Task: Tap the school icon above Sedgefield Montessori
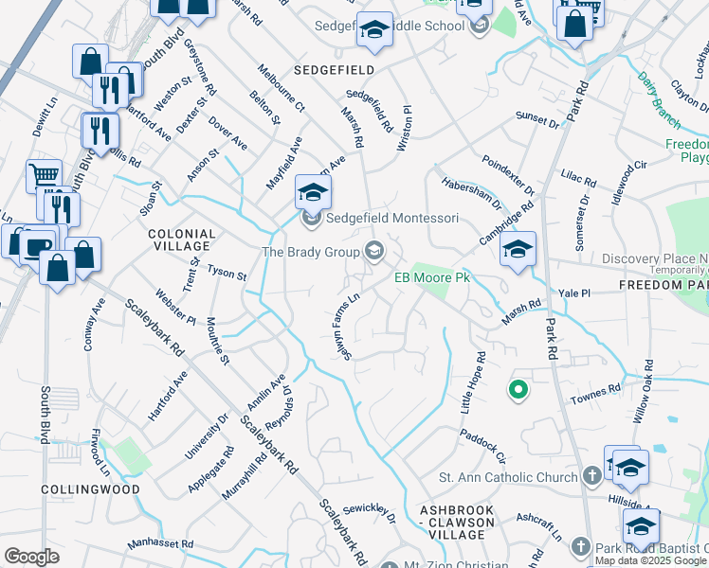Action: click(311, 192)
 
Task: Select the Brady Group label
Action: click(310, 251)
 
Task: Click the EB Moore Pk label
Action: click(432, 277)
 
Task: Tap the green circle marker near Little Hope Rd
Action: click(518, 388)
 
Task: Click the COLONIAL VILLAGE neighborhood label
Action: click(181, 240)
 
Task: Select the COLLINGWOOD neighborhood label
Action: click(90, 489)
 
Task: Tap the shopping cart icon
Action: click(44, 174)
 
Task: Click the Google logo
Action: click(30, 557)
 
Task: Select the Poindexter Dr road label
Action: click(508, 176)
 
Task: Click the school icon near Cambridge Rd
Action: click(518, 250)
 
